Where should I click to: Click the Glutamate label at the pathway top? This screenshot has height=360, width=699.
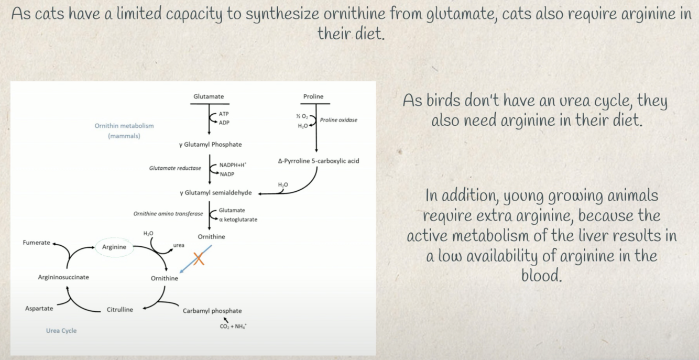coord(209,96)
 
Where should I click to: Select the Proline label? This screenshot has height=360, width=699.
coord(313,96)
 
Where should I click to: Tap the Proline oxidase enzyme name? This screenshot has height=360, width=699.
coord(338,120)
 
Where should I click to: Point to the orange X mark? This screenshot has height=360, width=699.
coord(199,258)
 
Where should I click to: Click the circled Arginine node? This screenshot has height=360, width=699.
coord(114,247)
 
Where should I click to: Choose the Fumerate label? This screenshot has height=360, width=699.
coord(37,243)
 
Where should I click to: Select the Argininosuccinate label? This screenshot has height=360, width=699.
coord(63,277)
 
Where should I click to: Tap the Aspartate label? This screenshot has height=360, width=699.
coord(39,309)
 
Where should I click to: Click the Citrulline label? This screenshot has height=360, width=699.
coord(120,310)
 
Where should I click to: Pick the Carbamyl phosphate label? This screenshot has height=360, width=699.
coord(212,311)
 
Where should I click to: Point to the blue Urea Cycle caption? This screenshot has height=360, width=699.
coord(61,331)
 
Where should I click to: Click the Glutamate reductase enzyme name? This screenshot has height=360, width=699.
coord(175,168)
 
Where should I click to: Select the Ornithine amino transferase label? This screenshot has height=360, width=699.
coord(168,214)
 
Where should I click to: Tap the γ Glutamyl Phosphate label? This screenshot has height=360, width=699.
coord(211,145)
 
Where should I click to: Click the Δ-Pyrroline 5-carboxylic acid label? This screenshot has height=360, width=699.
coord(319,161)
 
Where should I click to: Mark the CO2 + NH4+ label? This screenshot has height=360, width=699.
coord(233,326)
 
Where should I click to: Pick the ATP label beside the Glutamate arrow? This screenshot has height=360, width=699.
coord(224,114)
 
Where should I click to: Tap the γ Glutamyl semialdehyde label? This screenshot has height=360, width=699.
coord(216,193)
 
